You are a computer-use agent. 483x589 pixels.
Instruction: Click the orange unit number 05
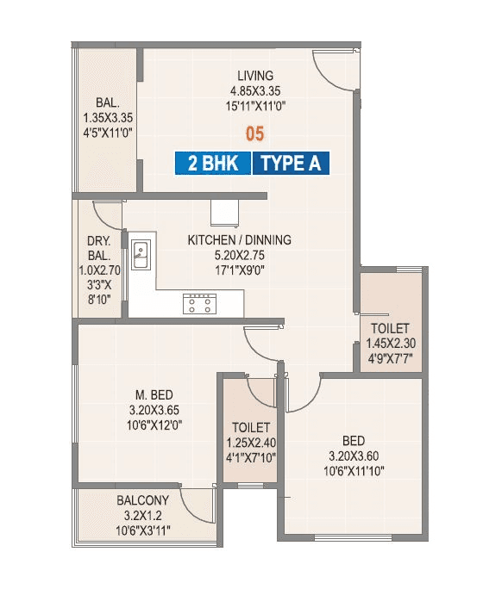[x=254, y=133]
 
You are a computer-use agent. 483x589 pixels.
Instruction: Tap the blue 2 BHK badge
[x=213, y=163]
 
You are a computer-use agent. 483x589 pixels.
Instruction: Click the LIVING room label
[x=255, y=76]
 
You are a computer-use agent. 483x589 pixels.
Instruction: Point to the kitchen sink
[x=140, y=254]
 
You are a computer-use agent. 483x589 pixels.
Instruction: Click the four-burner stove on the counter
[x=198, y=302]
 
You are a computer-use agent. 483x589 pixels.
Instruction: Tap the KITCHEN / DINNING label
[x=239, y=240]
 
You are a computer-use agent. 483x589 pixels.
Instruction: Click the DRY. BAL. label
[x=96, y=250]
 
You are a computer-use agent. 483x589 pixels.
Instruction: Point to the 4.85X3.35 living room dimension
[x=255, y=91]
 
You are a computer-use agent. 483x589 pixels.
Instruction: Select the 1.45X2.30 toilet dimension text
[x=390, y=344]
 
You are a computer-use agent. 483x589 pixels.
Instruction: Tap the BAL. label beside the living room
[x=107, y=101]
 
